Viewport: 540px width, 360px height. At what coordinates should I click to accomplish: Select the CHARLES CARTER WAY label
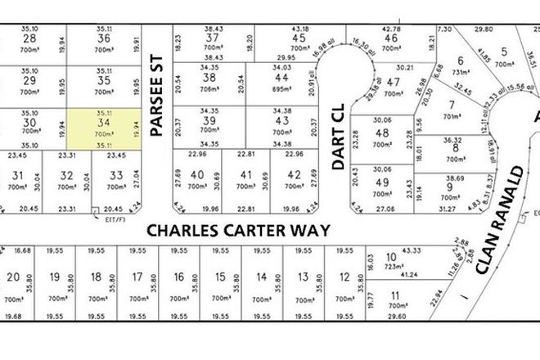[238, 230]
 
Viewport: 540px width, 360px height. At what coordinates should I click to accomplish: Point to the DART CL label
[336, 141]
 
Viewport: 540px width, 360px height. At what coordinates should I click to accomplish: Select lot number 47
[393, 82]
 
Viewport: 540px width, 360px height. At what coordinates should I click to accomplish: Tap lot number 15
[218, 277]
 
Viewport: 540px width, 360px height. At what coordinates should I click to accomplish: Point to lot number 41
[245, 174]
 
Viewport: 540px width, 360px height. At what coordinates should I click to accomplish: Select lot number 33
[116, 174]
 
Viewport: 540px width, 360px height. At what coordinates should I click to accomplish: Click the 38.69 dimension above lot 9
[454, 178]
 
